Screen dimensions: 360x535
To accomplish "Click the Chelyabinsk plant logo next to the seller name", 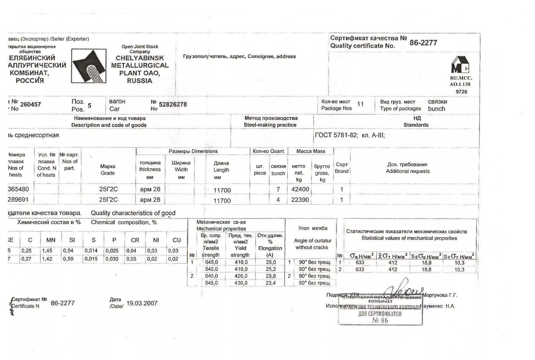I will click(x=89, y=66).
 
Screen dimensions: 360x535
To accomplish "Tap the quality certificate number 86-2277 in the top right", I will click(x=423, y=43).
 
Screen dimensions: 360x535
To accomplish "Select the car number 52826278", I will click(x=173, y=104).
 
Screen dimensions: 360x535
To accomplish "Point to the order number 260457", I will click(x=31, y=104).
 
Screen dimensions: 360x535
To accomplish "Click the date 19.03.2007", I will click(x=142, y=303).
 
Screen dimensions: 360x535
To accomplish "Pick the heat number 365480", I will click(x=18, y=189).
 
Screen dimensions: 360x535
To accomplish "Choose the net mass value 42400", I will click(x=300, y=189).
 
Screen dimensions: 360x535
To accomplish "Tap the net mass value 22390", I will click(x=300, y=200).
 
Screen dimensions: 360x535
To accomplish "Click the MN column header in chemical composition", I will click(x=51, y=240).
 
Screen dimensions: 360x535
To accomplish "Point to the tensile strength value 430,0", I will click(x=241, y=283).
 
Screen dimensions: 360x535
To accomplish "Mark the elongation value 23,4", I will click(x=270, y=283).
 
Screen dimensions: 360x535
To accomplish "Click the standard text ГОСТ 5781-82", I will click(x=336, y=135).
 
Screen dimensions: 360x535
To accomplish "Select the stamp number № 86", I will click(x=380, y=320).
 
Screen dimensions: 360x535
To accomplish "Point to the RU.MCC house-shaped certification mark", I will click(x=460, y=65).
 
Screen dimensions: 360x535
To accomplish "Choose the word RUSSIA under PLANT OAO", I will click(x=139, y=81).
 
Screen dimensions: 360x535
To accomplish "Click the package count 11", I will click(x=360, y=104).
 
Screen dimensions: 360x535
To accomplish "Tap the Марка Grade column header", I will click(x=107, y=170).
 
